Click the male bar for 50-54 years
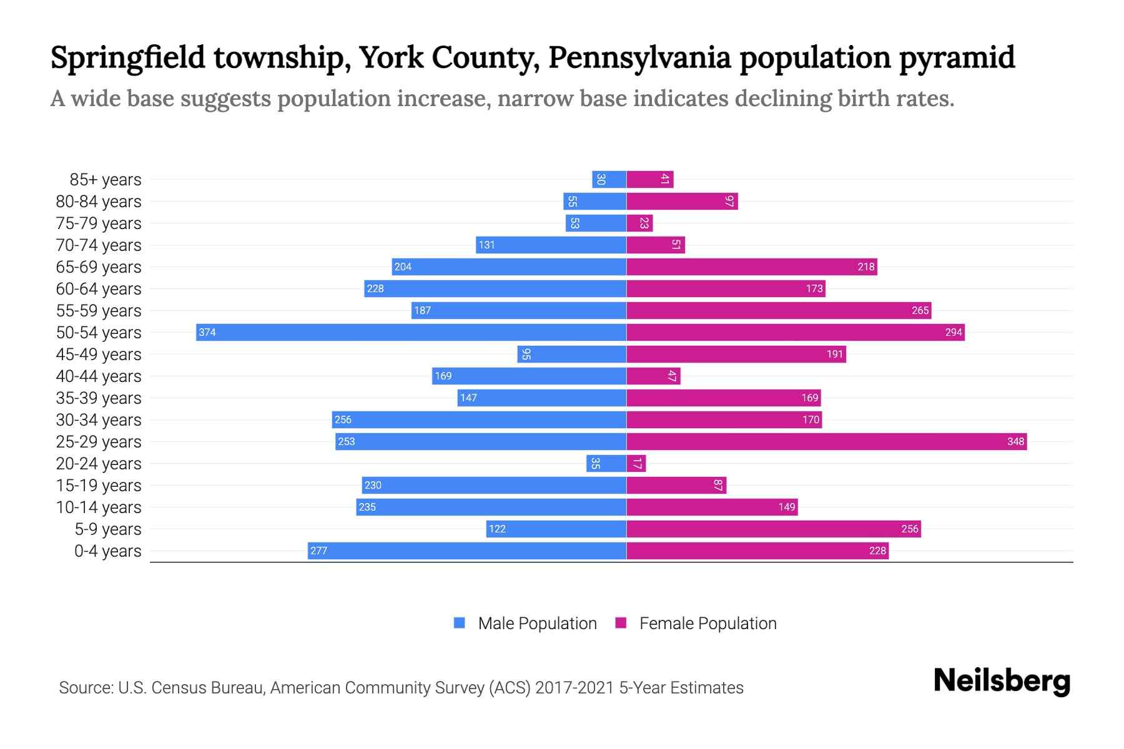click(411, 332)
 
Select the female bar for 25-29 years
click(826, 441)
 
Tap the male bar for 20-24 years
click(606, 463)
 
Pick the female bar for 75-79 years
click(639, 223)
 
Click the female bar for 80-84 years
click(682, 201)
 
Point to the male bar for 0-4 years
click(467, 551)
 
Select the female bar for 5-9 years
click(773, 529)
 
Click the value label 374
click(207, 333)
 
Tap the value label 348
click(1015, 442)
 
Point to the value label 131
click(487, 245)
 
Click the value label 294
click(954, 333)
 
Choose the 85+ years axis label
click(106, 180)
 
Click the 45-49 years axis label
click(99, 355)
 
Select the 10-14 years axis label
click(99, 507)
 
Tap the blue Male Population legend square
click(460, 623)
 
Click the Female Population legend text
click(708, 624)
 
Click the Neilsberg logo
click(1002, 681)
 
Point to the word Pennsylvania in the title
click(639, 57)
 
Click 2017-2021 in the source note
click(574, 688)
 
